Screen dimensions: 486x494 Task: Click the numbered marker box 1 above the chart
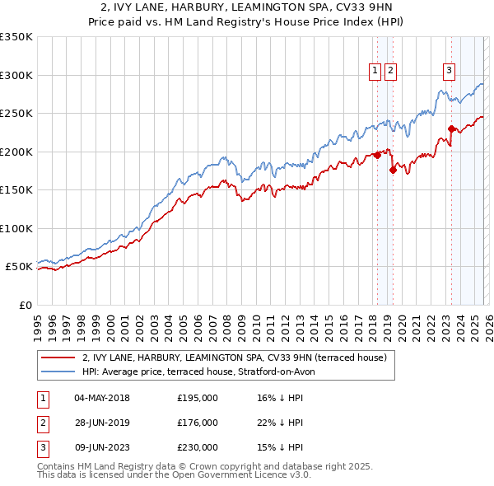click(x=375, y=72)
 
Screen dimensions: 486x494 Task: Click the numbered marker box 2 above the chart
click(x=389, y=72)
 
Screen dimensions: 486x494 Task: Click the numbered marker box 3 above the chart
click(x=450, y=72)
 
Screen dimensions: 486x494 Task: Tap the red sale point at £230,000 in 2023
click(x=451, y=129)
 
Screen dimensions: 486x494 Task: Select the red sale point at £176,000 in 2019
click(x=393, y=171)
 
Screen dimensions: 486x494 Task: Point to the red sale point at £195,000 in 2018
click(x=377, y=155)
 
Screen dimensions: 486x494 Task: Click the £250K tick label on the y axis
click(x=16, y=114)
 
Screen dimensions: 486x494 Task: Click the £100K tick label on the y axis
click(x=16, y=228)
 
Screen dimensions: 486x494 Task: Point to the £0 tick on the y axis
click(x=24, y=305)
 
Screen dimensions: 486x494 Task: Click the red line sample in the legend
click(x=58, y=357)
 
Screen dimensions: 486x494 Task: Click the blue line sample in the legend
click(x=58, y=372)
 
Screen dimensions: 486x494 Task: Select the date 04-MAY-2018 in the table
click(x=101, y=399)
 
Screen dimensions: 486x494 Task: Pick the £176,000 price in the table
click(x=198, y=423)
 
